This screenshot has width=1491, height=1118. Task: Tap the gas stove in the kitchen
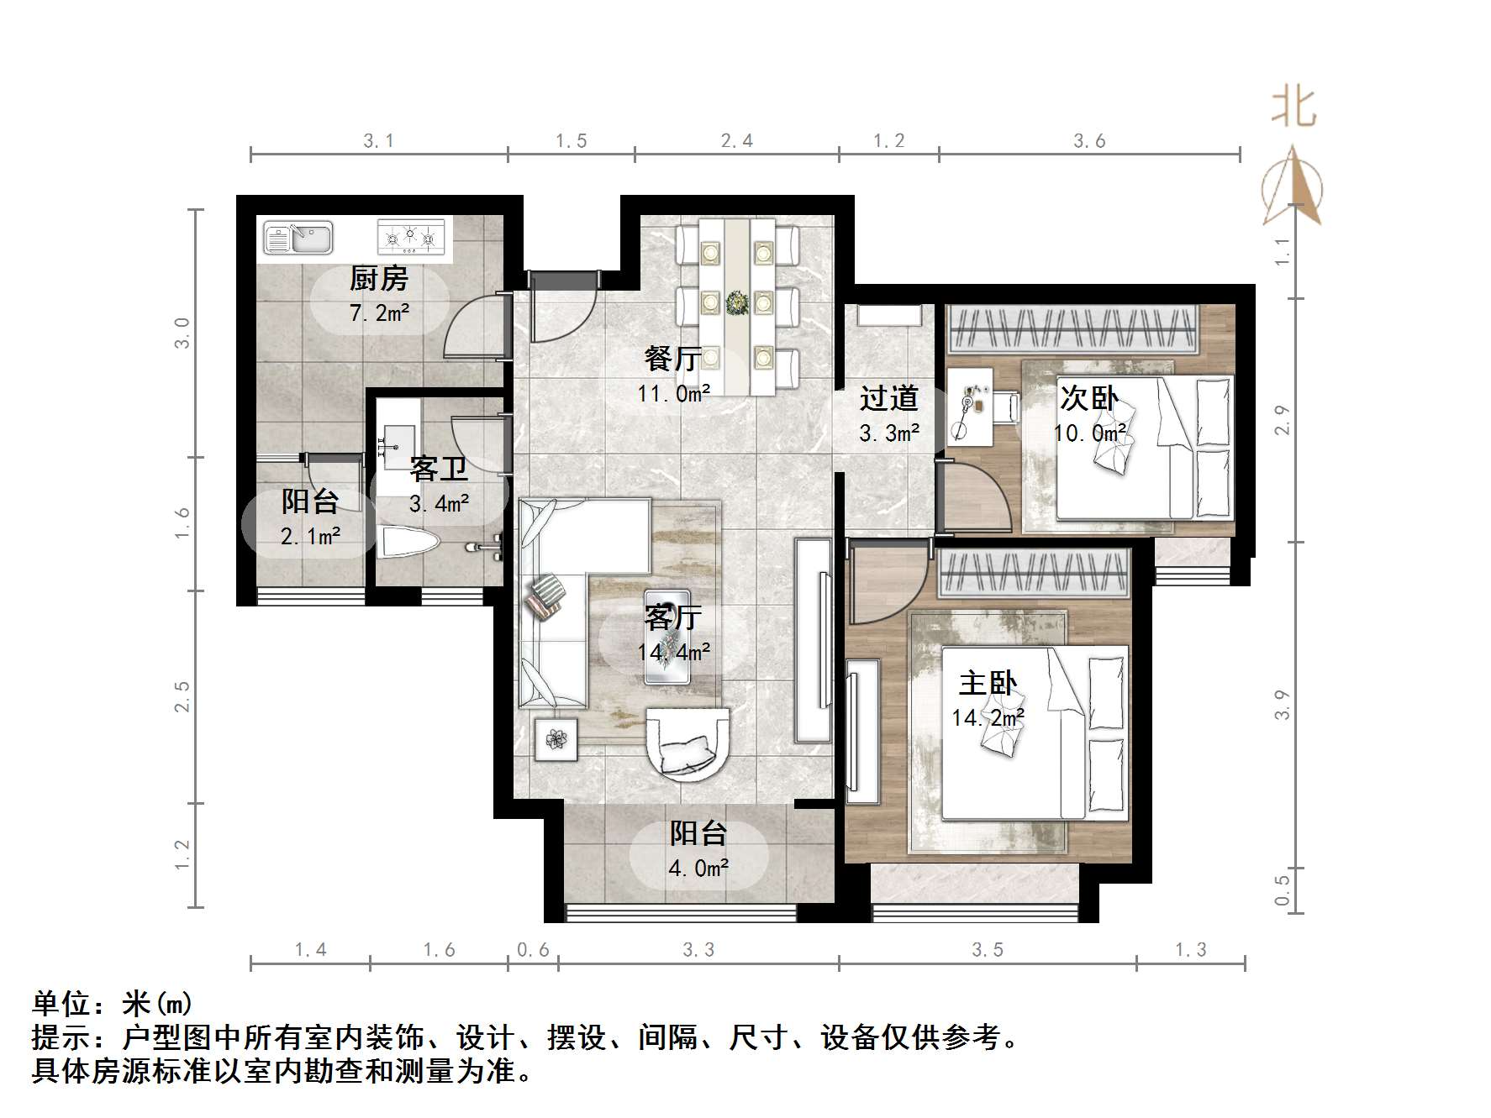click(410, 237)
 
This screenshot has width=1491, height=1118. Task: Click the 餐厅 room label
click(672, 359)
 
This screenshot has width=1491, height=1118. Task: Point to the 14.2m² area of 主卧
click(988, 718)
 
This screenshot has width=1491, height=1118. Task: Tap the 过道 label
click(888, 398)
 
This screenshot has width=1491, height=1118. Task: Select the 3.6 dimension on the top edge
click(1089, 141)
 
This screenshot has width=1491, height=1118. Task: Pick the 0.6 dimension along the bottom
click(533, 950)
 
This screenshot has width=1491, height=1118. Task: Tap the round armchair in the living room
click(688, 744)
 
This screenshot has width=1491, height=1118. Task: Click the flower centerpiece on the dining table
click(737, 302)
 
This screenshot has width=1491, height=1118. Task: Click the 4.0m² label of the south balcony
click(698, 869)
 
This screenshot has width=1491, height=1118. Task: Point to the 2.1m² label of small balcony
click(310, 536)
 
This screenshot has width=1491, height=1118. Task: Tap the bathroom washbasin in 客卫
click(395, 440)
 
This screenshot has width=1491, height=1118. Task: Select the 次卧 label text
click(1088, 398)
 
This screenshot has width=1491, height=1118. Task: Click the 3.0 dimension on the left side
click(182, 333)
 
